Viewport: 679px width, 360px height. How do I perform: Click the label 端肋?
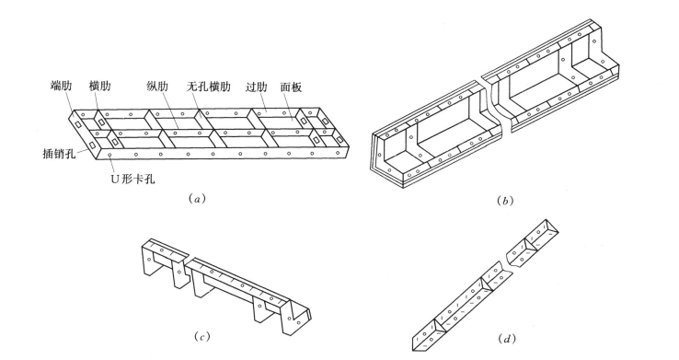(x=61, y=86)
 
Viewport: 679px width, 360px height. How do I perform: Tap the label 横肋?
(x=100, y=86)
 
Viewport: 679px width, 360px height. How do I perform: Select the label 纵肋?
(x=157, y=87)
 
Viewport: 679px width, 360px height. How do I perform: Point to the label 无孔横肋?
(x=208, y=87)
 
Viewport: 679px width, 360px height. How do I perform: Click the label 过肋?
(x=257, y=87)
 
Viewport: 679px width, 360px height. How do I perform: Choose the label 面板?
(x=291, y=87)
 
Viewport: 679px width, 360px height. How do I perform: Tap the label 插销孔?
(x=59, y=154)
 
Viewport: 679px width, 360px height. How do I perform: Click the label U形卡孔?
(x=132, y=179)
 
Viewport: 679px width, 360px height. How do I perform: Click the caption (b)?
(x=505, y=201)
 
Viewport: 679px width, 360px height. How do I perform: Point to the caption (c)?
(x=201, y=337)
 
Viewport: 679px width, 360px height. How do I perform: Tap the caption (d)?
(x=507, y=338)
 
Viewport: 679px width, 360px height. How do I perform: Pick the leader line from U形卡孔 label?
(x=111, y=165)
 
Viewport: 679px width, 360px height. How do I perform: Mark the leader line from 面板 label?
(x=293, y=105)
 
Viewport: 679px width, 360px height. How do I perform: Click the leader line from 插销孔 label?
(x=82, y=150)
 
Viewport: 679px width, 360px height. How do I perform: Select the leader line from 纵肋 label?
(x=167, y=110)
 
